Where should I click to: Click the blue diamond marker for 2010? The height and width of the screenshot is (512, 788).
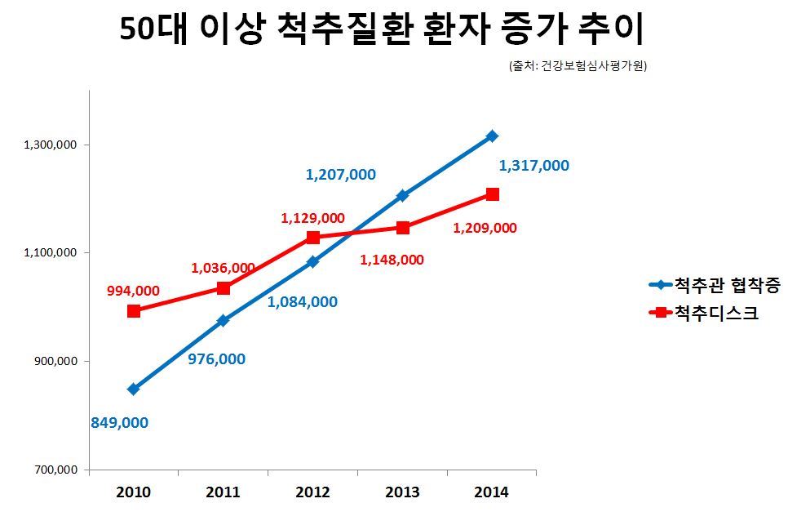point(134,389)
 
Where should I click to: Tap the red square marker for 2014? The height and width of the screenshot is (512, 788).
point(492,194)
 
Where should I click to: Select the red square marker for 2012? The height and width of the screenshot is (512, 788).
point(312,237)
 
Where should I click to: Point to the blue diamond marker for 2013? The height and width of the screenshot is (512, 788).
point(402,195)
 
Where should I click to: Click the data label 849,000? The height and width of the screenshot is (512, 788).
point(119,422)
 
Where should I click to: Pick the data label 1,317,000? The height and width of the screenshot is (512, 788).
point(533,166)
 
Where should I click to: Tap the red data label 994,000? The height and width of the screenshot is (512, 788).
point(133,290)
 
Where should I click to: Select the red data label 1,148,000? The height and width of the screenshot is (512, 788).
point(392,260)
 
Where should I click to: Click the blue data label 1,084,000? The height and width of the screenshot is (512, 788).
point(303,302)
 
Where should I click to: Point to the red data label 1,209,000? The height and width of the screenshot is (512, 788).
point(485,228)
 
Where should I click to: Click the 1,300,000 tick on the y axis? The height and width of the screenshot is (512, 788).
point(51,145)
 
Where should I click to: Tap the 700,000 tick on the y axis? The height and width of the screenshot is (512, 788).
point(55,470)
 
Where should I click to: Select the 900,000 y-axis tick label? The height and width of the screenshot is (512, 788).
point(55,361)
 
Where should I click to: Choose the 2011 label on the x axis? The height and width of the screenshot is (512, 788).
point(223,492)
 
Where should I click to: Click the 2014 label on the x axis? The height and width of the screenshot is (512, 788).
point(491,492)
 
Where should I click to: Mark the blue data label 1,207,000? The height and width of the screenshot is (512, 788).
point(340,174)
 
